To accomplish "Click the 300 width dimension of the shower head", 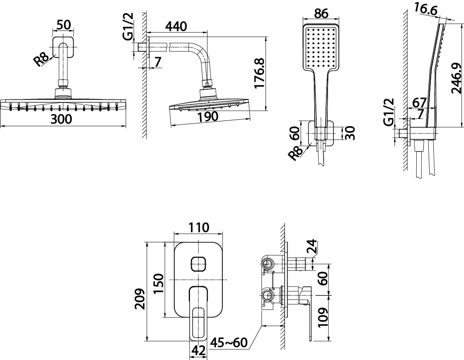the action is [x=61, y=119].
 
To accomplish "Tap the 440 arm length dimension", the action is [x=176, y=26].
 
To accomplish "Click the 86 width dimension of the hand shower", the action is [x=321, y=13].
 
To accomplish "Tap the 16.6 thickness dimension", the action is [x=426, y=9].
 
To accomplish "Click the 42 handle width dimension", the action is [x=198, y=351].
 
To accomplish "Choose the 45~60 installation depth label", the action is [x=228, y=343].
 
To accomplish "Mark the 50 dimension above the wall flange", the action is [x=64, y=25].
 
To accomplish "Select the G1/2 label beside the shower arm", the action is [x=128, y=26].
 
